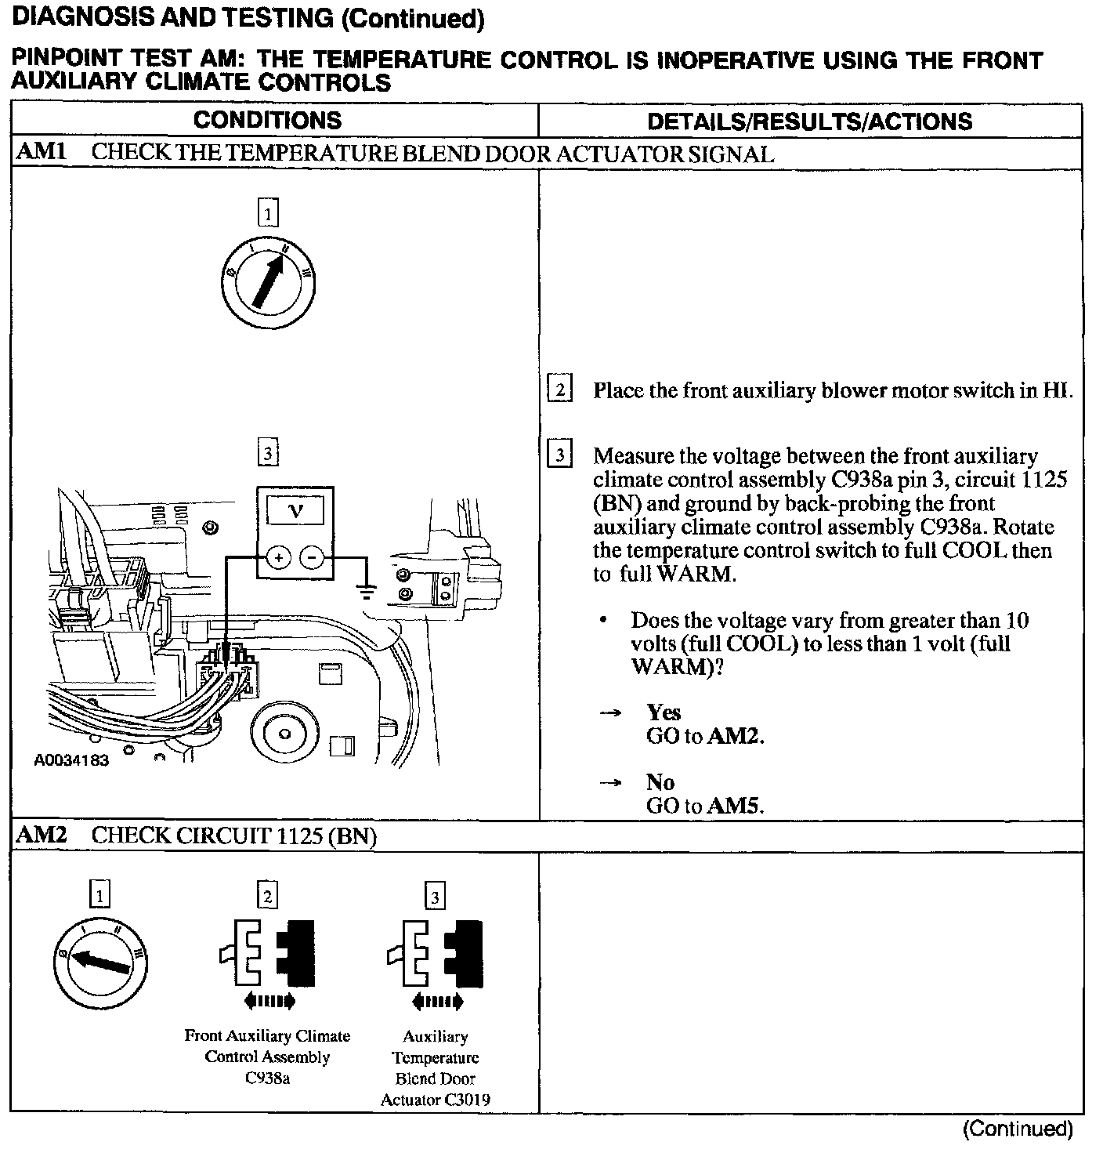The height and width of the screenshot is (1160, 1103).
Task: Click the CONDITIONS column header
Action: [267, 120]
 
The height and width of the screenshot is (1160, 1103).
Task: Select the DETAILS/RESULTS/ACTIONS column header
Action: [810, 121]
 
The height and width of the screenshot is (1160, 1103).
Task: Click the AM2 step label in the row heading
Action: [40, 836]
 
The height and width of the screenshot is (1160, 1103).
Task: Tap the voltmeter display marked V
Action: [295, 513]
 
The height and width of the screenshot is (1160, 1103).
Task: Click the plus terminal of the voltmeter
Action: [278, 557]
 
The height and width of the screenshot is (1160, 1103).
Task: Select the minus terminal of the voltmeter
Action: [313, 557]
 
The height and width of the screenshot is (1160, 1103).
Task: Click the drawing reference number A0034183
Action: [71, 760]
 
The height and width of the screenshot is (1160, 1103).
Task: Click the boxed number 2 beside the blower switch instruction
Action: [559, 390]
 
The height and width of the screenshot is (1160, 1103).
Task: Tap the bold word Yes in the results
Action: [663, 712]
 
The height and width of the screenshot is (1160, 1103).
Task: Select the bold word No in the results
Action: [660, 782]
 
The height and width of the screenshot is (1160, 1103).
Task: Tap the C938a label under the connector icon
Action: [267, 1078]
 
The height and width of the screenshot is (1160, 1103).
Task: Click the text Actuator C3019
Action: [435, 1100]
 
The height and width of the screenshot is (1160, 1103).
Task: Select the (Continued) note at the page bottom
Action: [1017, 1129]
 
